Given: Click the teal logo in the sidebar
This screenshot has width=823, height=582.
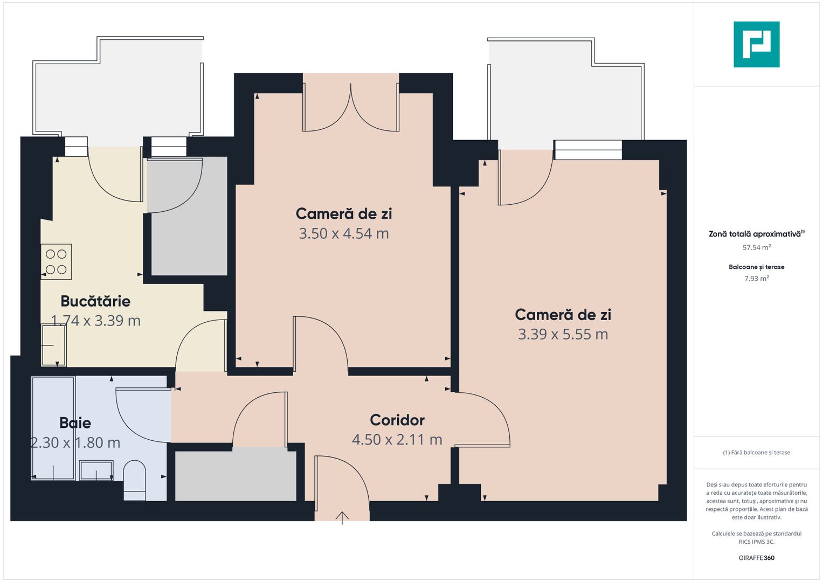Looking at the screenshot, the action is click(x=757, y=44).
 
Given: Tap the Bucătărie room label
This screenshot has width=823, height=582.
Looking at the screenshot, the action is click(x=95, y=301).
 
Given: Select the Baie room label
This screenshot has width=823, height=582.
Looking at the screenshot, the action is click(x=75, y=423).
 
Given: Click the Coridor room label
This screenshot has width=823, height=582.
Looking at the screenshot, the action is click(x=397, y=420).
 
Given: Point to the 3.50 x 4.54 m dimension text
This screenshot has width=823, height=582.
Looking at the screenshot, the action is click(x=344, y=234).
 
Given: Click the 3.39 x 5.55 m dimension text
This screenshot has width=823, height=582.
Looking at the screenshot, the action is click(x=563, y=334).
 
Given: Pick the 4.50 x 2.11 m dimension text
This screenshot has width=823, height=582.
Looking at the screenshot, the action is click(x=397, y=440).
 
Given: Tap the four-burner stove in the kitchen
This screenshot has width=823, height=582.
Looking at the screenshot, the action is click(x=56, y=261).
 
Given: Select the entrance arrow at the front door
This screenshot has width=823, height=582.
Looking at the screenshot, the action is click(x=342, y=518).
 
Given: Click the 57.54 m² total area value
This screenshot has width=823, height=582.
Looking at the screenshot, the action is click(x=757, y=248).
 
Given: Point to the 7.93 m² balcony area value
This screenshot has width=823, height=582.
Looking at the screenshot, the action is click(x=757, y=279).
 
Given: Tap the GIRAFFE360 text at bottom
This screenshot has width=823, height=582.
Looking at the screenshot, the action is click(x=757, y=558).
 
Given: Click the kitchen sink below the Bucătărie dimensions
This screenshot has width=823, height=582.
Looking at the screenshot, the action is click(x=54, y=345).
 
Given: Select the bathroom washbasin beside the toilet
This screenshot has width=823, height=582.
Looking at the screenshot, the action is click(x=96, y=470).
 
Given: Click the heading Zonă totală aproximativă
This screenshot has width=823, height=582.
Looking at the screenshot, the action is click(x=757, y=234).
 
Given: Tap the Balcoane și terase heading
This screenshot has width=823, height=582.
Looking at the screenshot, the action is click(x=757, y=267).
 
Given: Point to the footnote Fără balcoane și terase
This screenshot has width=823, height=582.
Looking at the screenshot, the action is click(x=757, y=453).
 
